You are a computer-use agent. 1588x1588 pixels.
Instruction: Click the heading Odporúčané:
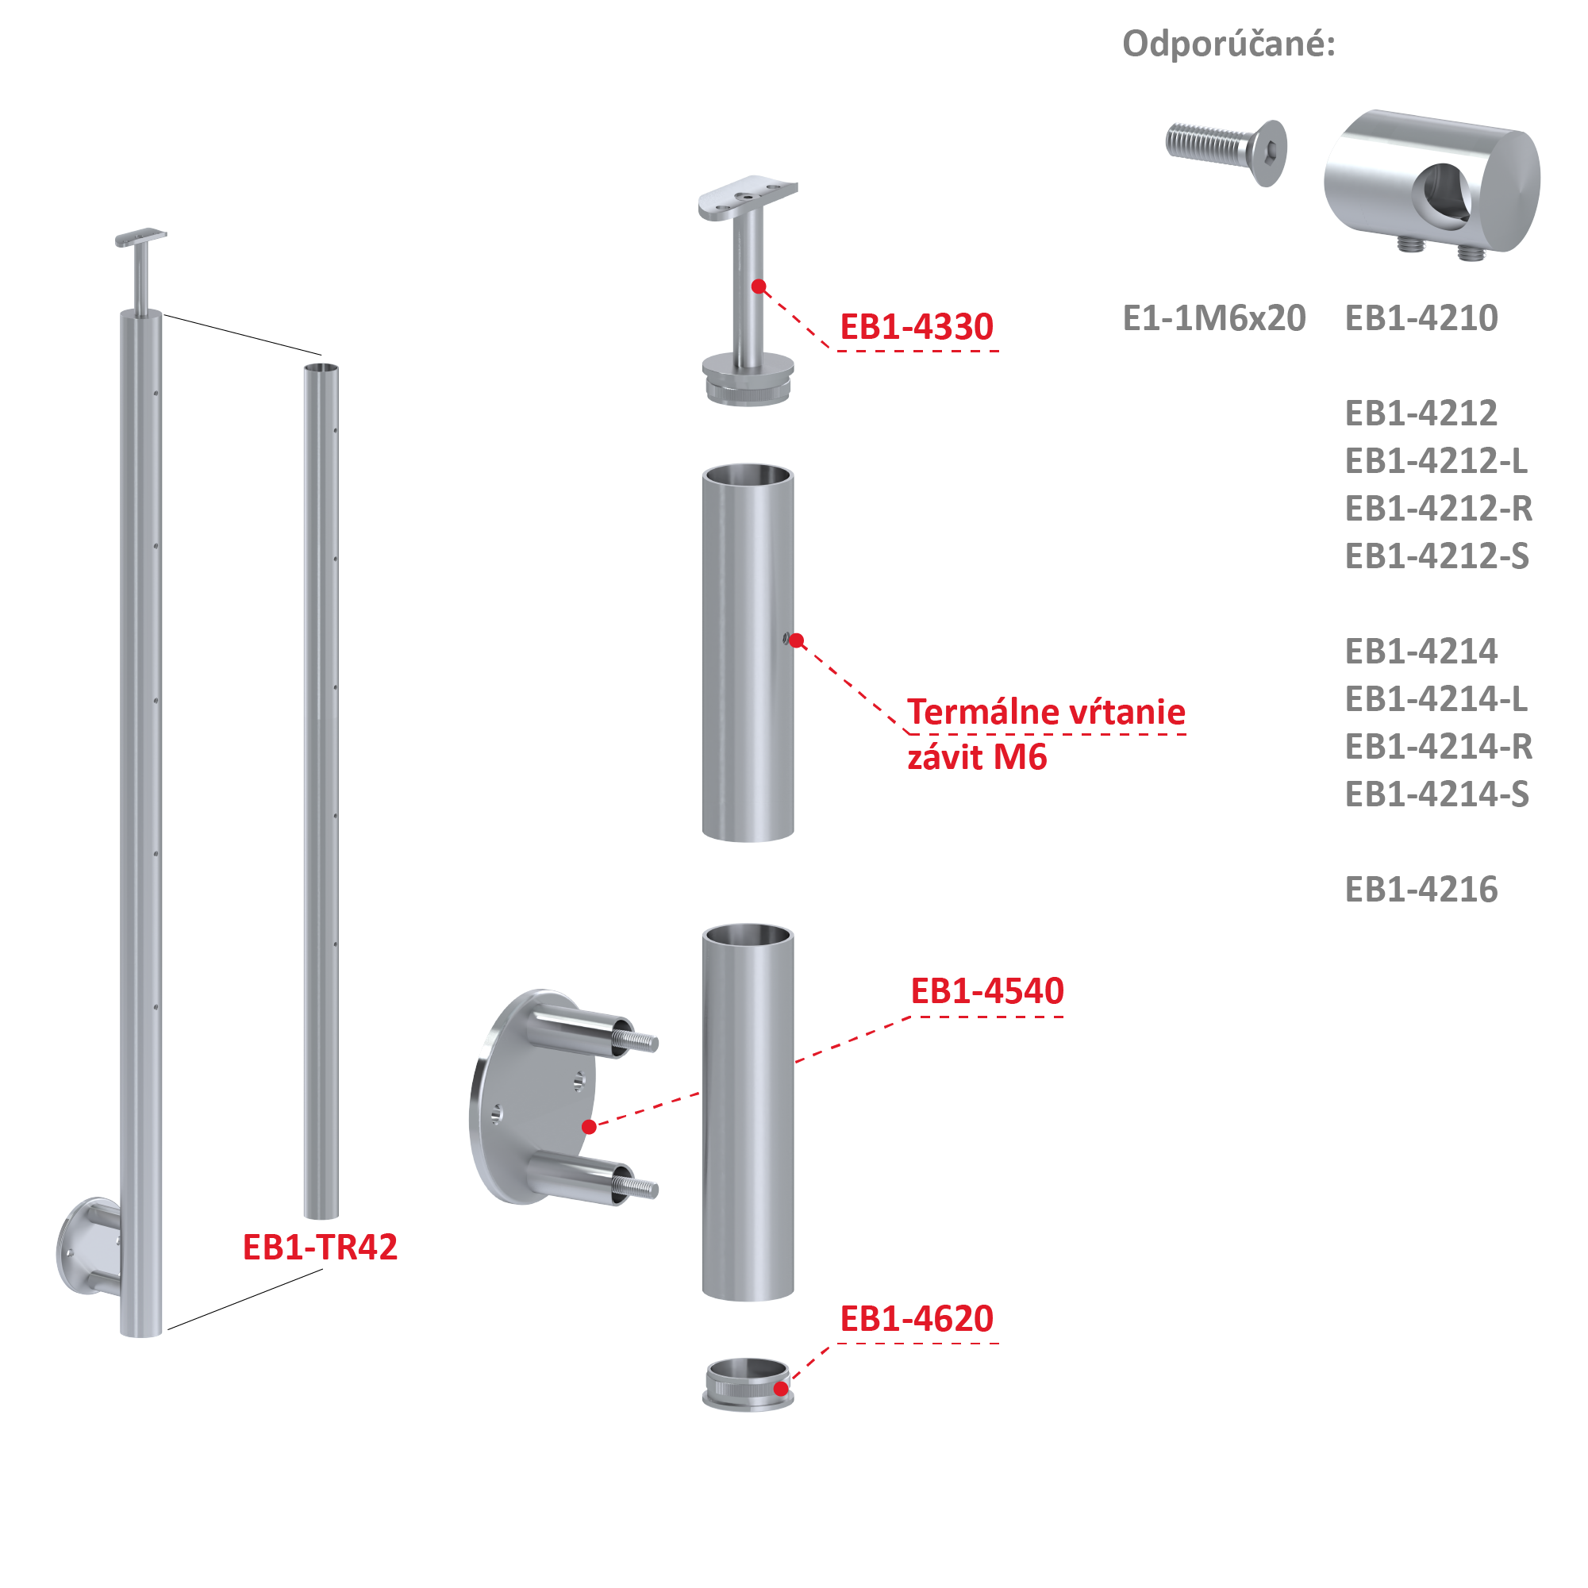[1228, 44]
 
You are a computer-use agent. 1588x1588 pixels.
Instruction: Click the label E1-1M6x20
[1213, 318]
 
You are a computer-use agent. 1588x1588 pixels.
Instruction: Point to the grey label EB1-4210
[1421, 318]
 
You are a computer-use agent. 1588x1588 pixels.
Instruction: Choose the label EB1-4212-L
[1435, 461]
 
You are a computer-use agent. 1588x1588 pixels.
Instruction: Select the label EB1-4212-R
[1437, 509]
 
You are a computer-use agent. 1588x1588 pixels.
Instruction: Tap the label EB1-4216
[1421, 890]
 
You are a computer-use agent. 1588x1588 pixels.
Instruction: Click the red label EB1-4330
[916, 327]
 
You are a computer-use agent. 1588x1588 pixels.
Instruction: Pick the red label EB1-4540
[986, 991]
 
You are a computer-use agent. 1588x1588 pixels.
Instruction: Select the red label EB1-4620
[916, 1319]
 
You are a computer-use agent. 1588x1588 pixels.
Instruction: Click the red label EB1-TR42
[320, 1248]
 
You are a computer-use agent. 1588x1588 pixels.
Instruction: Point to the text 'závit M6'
[976, 758]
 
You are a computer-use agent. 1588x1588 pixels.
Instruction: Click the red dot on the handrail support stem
[759, 286]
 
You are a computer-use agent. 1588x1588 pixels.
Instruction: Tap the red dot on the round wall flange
[590, 1127]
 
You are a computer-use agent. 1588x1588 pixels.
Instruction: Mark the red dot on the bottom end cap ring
[781, 1389]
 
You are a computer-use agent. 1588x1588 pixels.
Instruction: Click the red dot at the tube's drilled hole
[796, 640]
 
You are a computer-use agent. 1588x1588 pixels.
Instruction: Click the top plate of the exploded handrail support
[747, 198]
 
